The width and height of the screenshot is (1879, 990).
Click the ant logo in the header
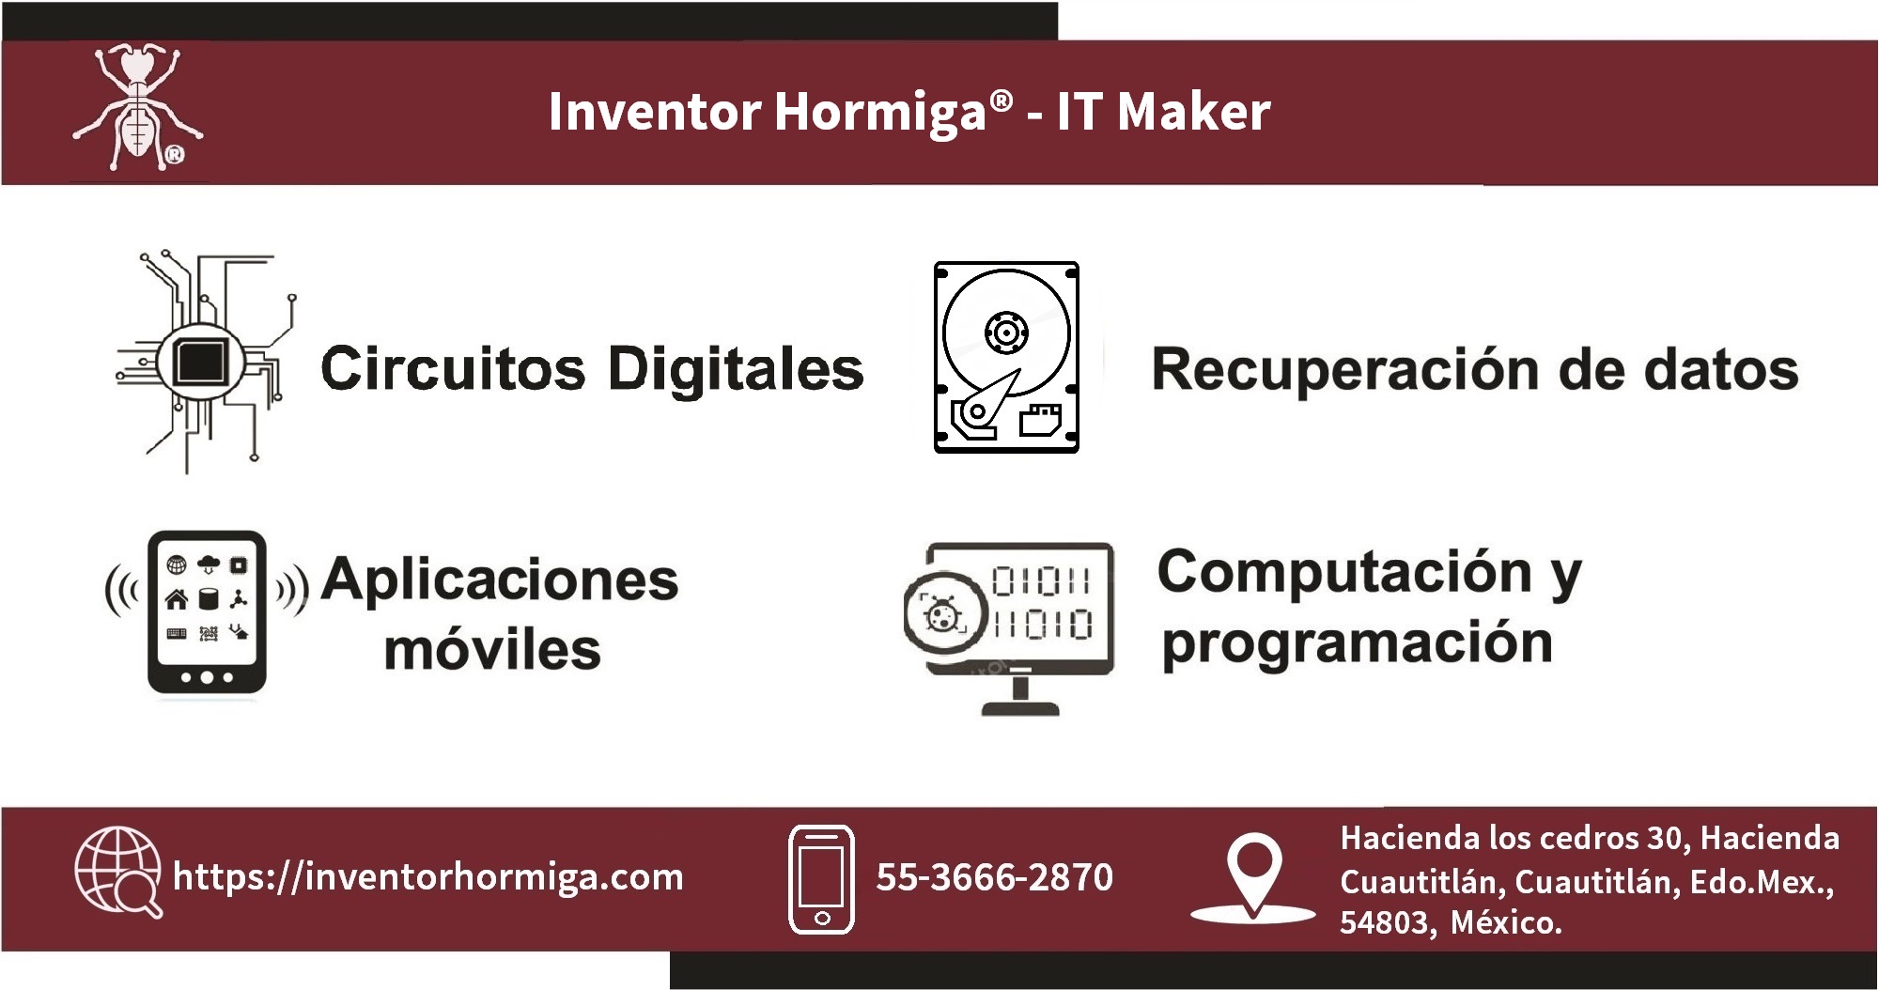click(138, 109)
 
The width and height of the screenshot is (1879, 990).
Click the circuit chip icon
click(205, 362)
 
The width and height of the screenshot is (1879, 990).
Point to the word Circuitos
click(453, 367)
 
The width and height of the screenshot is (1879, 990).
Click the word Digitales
click(736, 368)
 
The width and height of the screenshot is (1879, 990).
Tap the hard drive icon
click(1006, 357)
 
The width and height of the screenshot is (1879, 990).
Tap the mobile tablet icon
click(207, 612)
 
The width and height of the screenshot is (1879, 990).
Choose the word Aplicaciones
click(500, 580)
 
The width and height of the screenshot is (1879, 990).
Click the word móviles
click(492, 649)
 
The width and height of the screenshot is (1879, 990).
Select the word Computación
click(1344, 571)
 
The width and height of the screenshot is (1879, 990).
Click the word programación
click(1357, 644)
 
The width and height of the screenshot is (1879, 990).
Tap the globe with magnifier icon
click(117, 871)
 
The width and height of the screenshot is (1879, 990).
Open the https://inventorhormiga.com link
click(428, 877)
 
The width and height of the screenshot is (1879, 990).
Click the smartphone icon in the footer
click(821, 880)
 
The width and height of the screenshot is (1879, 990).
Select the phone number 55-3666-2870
click(994, 877)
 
